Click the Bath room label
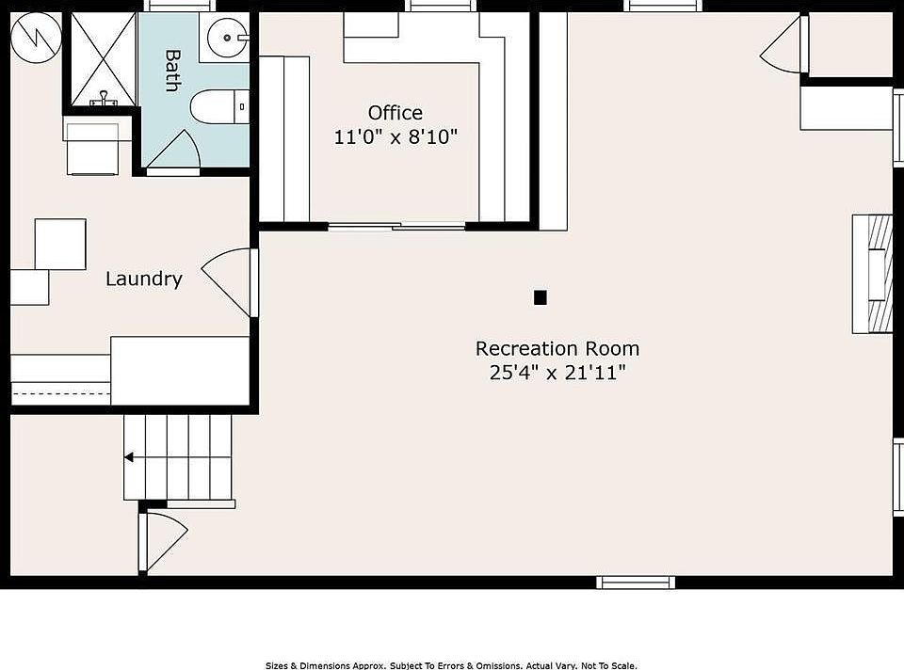172,71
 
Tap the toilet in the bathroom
219,106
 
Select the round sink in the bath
228,38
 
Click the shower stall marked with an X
104,58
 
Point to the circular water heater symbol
37,38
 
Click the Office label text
395,112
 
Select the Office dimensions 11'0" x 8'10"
395,137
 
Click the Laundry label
144,279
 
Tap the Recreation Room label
557,348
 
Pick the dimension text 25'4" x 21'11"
557,373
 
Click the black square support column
541,297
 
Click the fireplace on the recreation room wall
872,274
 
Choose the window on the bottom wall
636,582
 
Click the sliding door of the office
396,227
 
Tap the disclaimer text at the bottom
451,665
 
